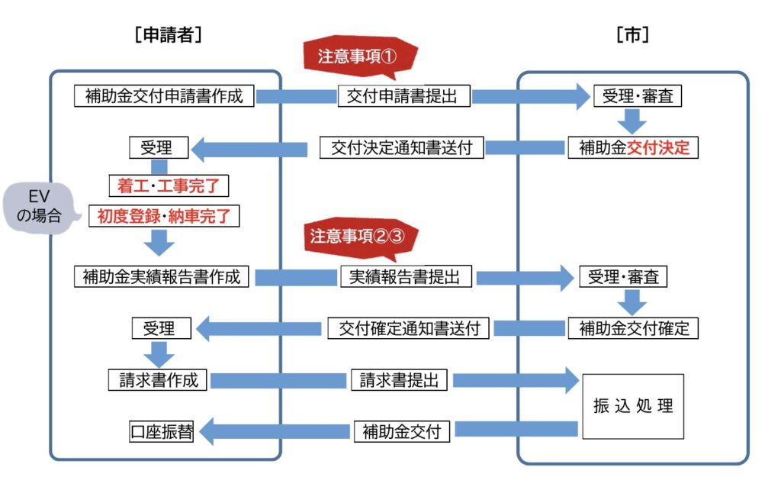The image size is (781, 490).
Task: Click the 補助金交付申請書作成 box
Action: [x=164, y=96]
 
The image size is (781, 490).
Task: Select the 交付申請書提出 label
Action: [x=403, y=96]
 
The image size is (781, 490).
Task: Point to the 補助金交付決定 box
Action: [x=633, y=147]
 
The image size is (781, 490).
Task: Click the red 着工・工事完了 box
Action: [x=169, y=185]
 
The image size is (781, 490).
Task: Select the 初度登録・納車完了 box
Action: [x=163, y=216]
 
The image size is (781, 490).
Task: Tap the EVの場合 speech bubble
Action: [x=43, y=207]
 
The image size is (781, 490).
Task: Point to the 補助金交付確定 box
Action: [x=633, y=328]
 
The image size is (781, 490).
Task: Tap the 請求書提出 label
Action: [x=398, y=379]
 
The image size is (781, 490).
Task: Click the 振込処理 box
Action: [x=633, y=406]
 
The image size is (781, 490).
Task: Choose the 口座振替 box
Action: [x=160, y=431]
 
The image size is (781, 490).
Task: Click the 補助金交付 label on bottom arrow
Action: [x=402, y=431]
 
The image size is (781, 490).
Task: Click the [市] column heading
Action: [x=632, y=34]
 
